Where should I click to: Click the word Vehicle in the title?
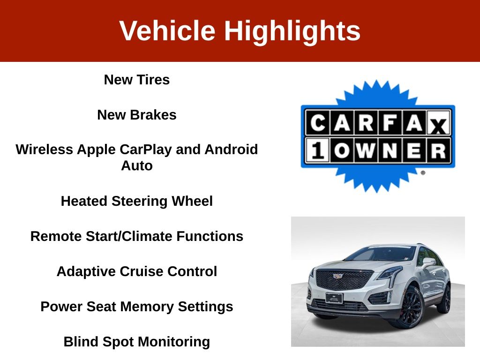[167, 30]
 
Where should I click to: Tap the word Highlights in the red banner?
[292, 31]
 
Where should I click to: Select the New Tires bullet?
[137, 80]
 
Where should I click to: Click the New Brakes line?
[137, 115]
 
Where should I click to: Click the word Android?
[231, 150]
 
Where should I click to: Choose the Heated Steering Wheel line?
[137, 202]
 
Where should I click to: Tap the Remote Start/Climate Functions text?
[137, 236]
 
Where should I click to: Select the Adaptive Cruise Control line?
[137, 271]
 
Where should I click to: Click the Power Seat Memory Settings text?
[137, 307]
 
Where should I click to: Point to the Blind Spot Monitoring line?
[137, 342]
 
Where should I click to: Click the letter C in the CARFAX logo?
[318, 123]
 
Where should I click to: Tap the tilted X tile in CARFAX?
[438, 124]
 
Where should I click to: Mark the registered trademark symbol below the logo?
[423, 172]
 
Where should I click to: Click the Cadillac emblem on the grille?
[338, 277]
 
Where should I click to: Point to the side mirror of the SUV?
[428, 262]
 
